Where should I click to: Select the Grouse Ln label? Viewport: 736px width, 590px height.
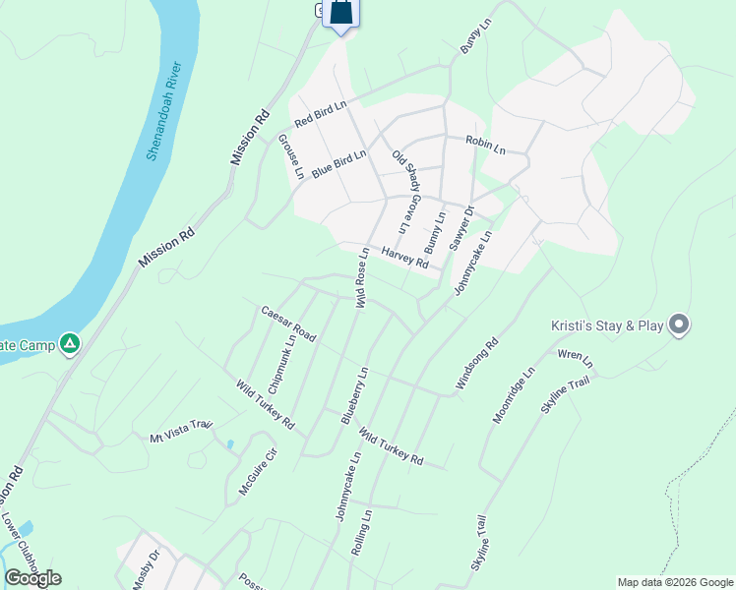(x=292, y=157)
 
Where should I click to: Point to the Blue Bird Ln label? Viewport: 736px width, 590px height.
(x=339, y=163)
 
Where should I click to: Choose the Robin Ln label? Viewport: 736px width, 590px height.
(x=485, y=147)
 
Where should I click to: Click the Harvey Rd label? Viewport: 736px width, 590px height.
(x=405, y=259)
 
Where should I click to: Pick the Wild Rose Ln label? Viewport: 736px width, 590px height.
(x=362, y=279)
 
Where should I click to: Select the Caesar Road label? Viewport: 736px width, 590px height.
(x=288, y=324)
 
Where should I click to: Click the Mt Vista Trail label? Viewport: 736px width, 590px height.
(x=181, y=430)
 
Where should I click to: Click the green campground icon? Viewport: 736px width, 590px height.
(x=69, y=344)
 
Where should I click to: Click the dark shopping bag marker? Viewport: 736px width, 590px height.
(x=340, y=13)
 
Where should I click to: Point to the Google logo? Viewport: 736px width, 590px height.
(x=33, y=578)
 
